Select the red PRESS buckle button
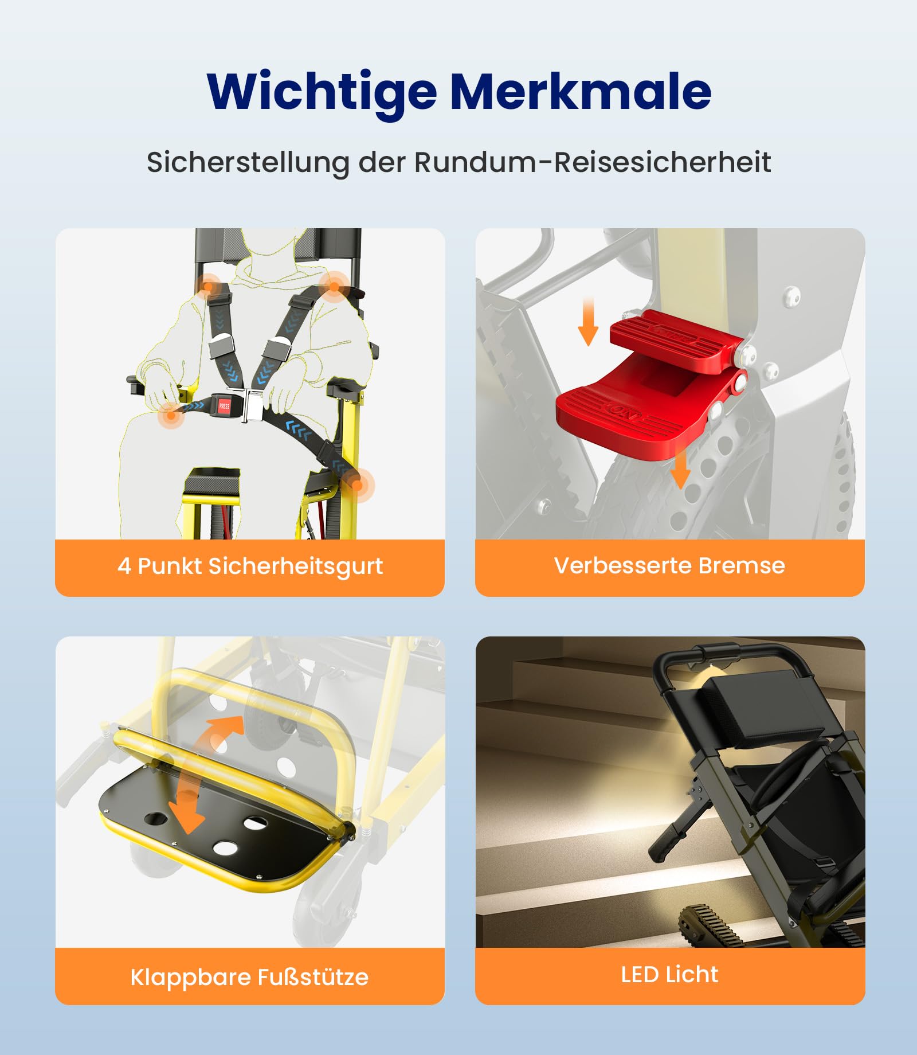coord(224,405)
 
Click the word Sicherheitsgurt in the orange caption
coord(295,566)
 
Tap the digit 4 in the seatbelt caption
coord(124,566)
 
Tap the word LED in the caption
coord(640,975)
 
